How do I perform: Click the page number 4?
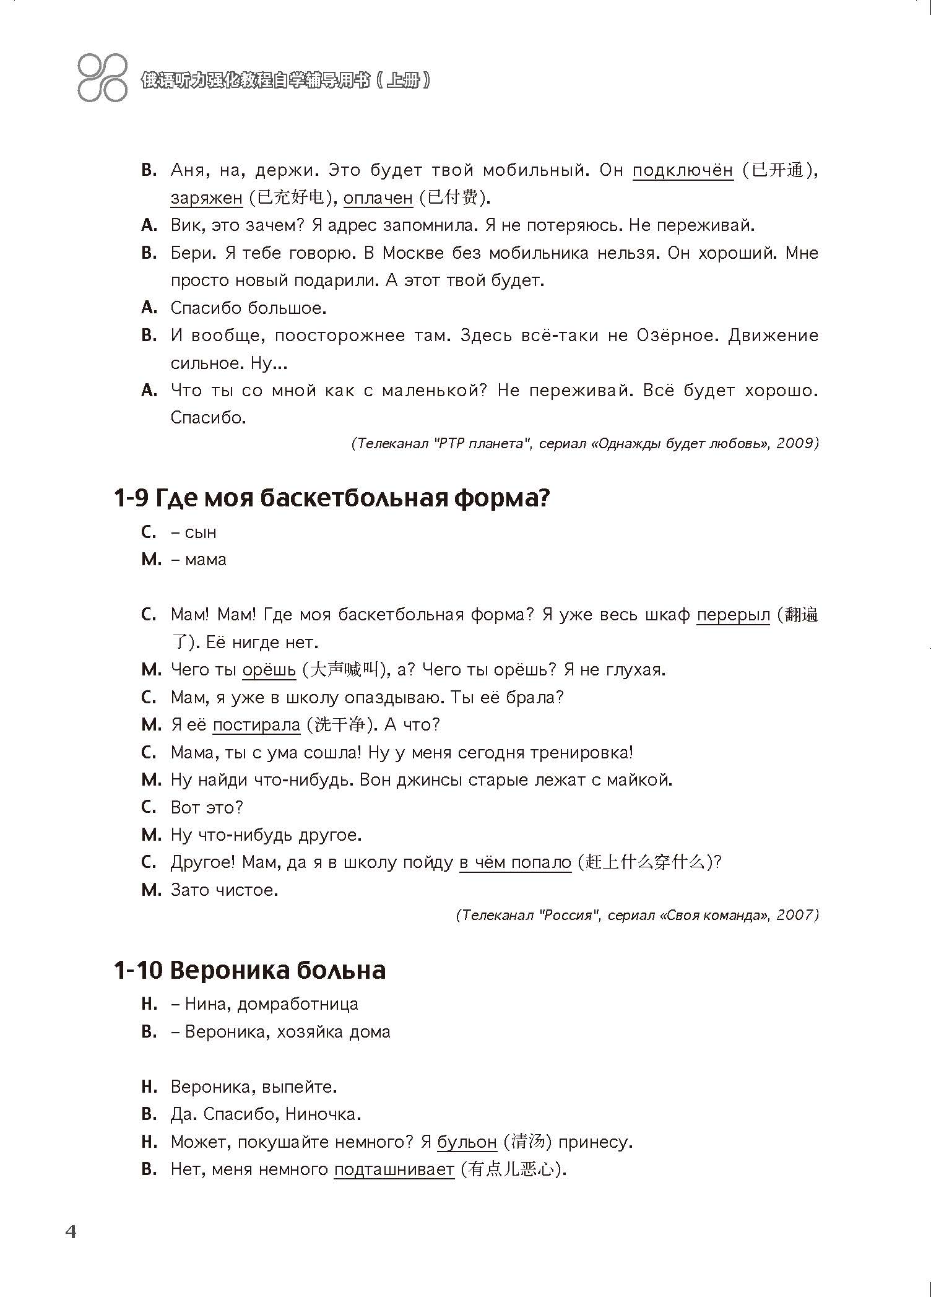pyautogui.click(x=71, y=1231)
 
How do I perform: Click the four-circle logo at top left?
pyautogui.click(x=102, y=78)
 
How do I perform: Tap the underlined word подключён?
pyautogui.click(x=682, y=170)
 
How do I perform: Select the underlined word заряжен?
pyautogui.click(x=206, y=198)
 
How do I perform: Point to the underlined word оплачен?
pyautogui.click(x=378, y=198)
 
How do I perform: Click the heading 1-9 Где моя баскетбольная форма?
pyautogui.click(x=332, y=498)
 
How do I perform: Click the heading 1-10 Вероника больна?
pyautogui.click(x=249, y=969)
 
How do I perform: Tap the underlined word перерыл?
pyautogui.click(x=733, y=615)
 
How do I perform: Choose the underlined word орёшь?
pyautogui.click(x=269, y=670)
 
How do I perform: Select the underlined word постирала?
pyautogui.click(x=256, y=725)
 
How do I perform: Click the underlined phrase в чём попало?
pyautogui.click(x=515, y=862)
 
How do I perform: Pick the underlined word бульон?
pyautogui.click(x=467, y=1142)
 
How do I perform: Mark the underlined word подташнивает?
pyautogui.click(x=394, y=1169)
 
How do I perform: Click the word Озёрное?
pyautogui.click(x=675, y=336)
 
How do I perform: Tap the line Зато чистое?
pyautogui.click(x=224, y=890)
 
